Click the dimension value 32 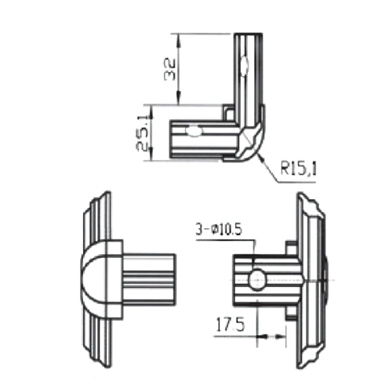pyautogui.click(x=169, y=69)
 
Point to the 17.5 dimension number pyautogui.click(x=228, y=323)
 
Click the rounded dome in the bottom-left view pyautogui.click(x=96, y=278)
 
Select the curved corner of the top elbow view pyautogui.click(x=254, y=145)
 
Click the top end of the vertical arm pyautogui.click(x=245, y=34)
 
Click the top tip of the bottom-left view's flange pyautogui.click(x=104, y=194)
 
